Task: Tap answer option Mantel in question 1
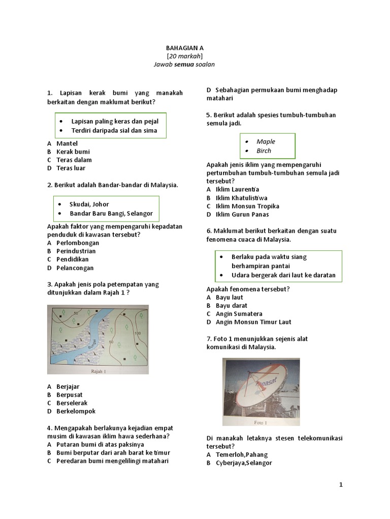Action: pos(67,143)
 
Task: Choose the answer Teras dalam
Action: pos(74,160)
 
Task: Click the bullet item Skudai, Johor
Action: pos(90,204)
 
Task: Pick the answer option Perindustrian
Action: pos(76,251)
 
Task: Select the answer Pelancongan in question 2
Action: pos(75,268)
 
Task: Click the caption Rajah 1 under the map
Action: pos(98,370)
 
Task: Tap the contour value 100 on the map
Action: pos(137,333)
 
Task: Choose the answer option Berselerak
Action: pos(72,403)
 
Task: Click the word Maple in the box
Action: pos(266,141)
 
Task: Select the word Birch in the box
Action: pos(264,151)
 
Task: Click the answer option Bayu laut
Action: pos(229,298)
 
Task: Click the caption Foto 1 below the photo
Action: pos(260,422)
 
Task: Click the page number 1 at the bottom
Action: pos(341,485)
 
